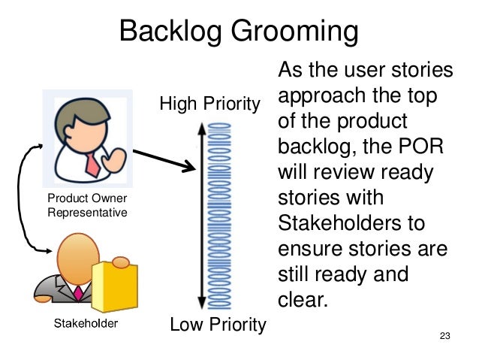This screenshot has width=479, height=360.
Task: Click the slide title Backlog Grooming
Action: coord(239,32)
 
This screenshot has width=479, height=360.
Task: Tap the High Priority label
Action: coord(209,102)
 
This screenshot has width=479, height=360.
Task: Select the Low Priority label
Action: coord(218,325)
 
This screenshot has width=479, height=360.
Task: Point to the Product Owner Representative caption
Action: coord(87,205)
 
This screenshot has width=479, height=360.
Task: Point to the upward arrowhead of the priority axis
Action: coord(201,129)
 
